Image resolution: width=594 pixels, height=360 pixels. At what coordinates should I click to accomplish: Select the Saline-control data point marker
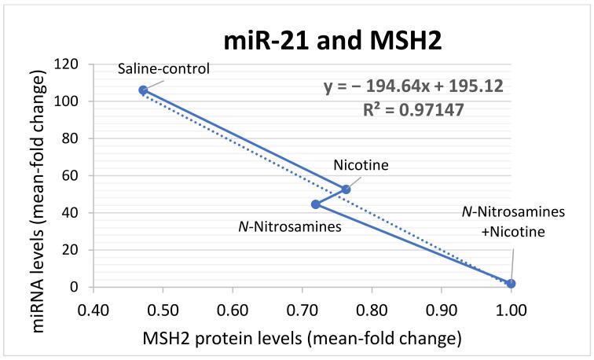pyautogui.click(x=143, y=90)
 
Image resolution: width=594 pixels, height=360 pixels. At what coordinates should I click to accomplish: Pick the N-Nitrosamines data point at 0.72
pyautogui.click(x=316, y=204)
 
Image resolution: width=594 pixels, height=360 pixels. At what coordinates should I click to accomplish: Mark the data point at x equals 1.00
pyautogui.click(x=511, y=283)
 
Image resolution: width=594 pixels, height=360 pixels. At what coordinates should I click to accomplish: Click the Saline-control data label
pyautogui.click(x=164, y=68)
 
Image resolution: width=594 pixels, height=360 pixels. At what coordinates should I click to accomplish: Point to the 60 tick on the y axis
pyautogui.click(x=67, y=175)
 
